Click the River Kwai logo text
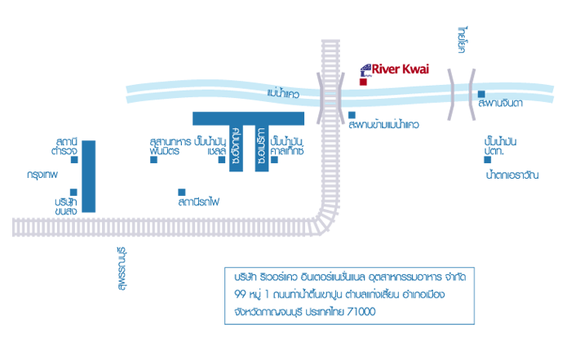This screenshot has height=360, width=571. (400, 69)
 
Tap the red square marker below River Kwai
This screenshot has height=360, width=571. (363, 82)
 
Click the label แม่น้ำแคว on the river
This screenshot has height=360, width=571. (283, 95)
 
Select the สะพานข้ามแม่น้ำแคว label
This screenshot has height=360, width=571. (383, 126)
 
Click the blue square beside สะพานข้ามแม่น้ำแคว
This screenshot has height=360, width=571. (352, 114)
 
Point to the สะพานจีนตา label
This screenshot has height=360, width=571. (501, 104)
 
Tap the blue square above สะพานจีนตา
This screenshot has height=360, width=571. (482, 93)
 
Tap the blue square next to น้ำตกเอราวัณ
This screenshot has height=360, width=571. (487, 159)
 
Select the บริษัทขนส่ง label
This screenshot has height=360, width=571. (66, 206)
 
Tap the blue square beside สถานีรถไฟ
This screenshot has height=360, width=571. (182, 192)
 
